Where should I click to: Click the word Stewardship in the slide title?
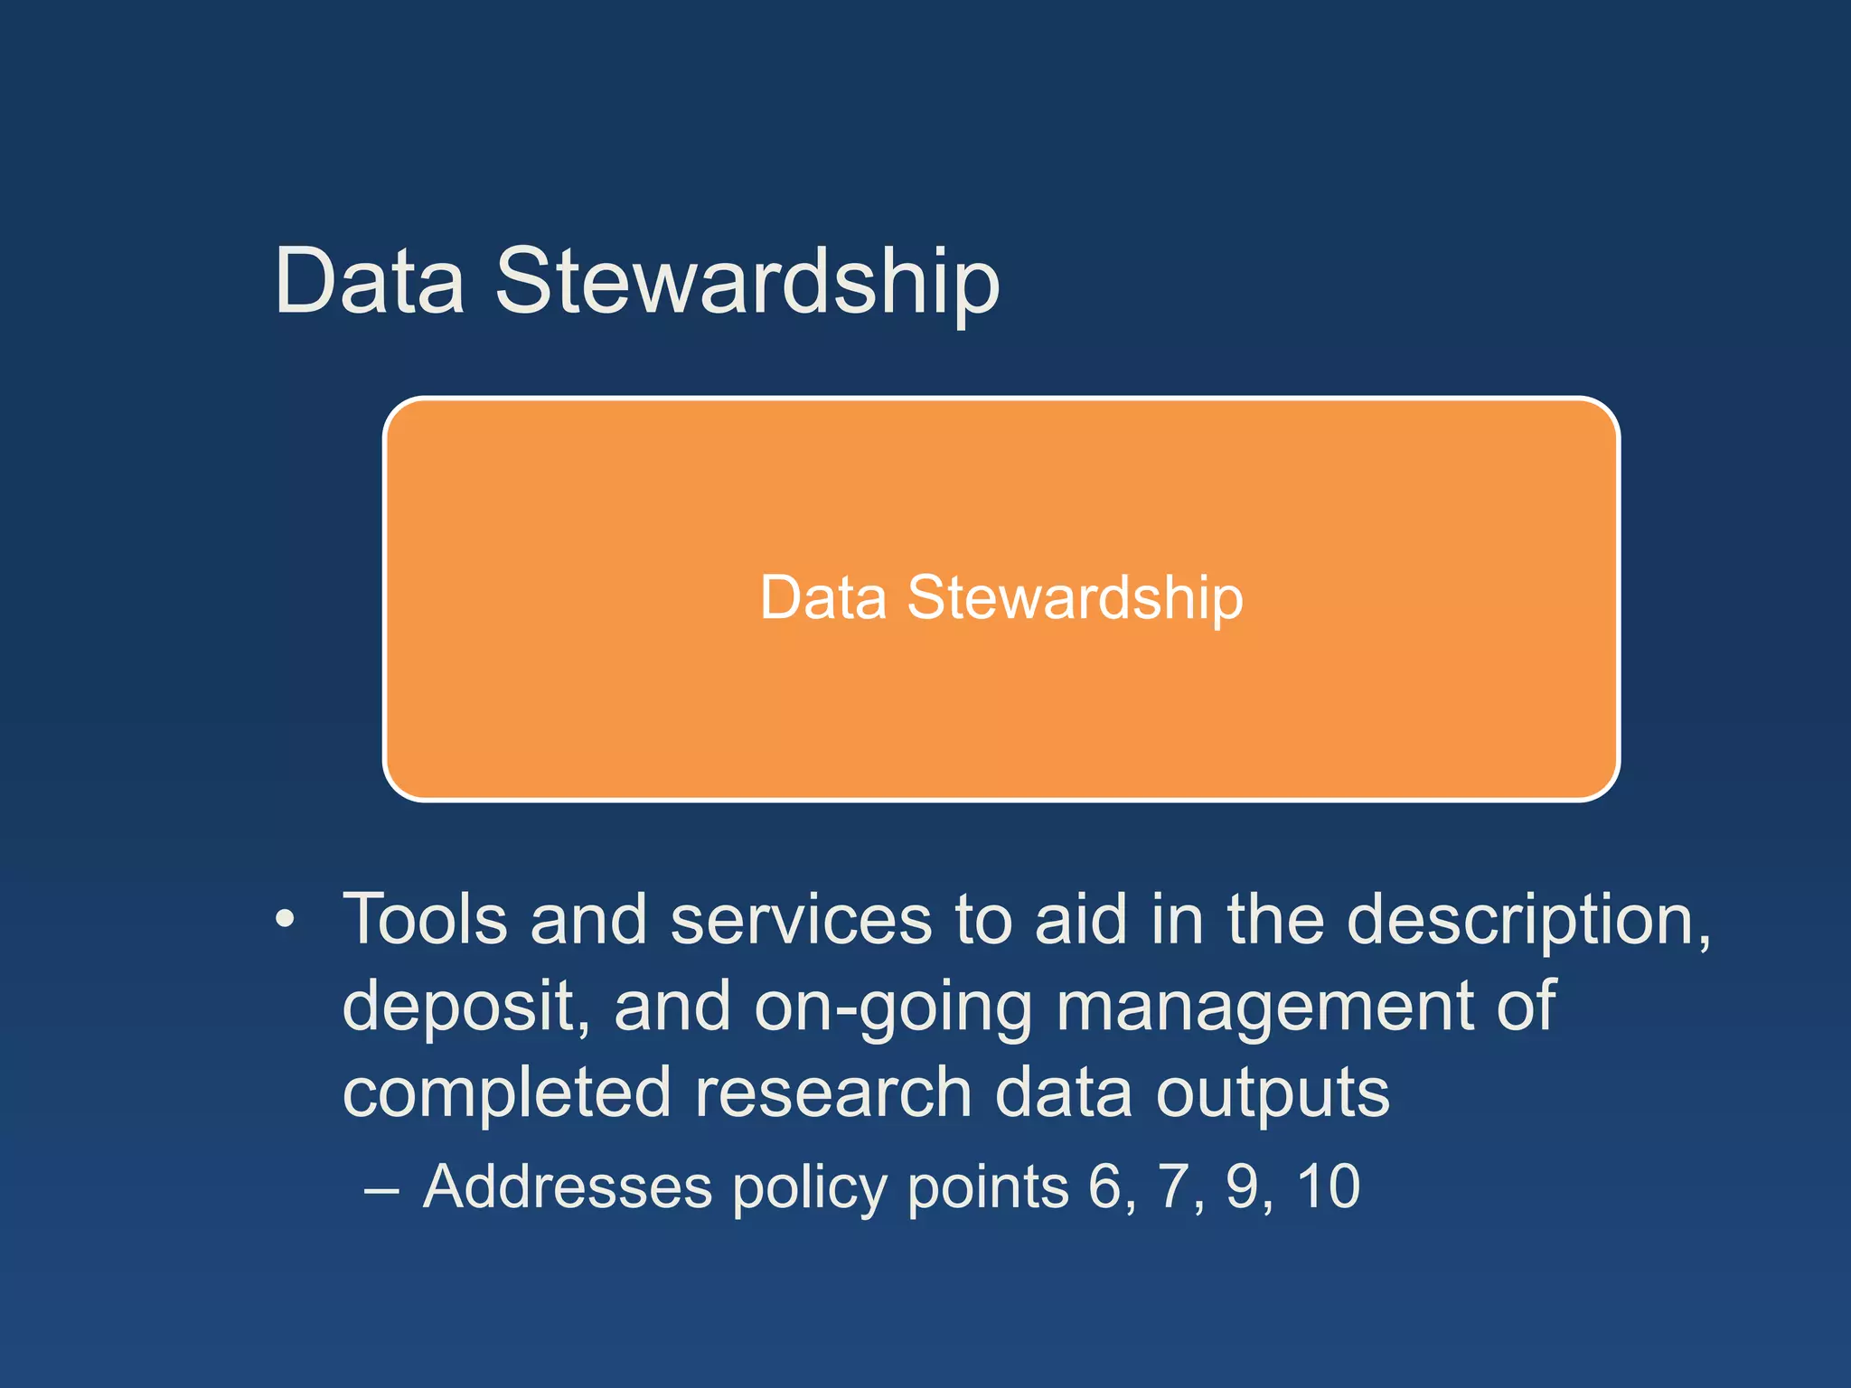[x=747, y=282]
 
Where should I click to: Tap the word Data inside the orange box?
[x=822, y=598]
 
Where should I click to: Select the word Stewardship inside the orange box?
[x=1075, y=598]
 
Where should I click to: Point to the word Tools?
[x=425, y=920]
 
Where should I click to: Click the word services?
[x=801, y=920]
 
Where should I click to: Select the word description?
[x=1527, y=920]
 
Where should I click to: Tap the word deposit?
[x=465, y=1007]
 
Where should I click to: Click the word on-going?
[x=892, y=1007]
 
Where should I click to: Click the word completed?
[x=506, y=1093]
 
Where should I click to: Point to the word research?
[x=832, y=1093]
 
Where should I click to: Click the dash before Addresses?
[x=381, y=1189]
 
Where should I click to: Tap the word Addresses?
[x=568, y=1186]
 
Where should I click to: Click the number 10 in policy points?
[x=1328, y=1186]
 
